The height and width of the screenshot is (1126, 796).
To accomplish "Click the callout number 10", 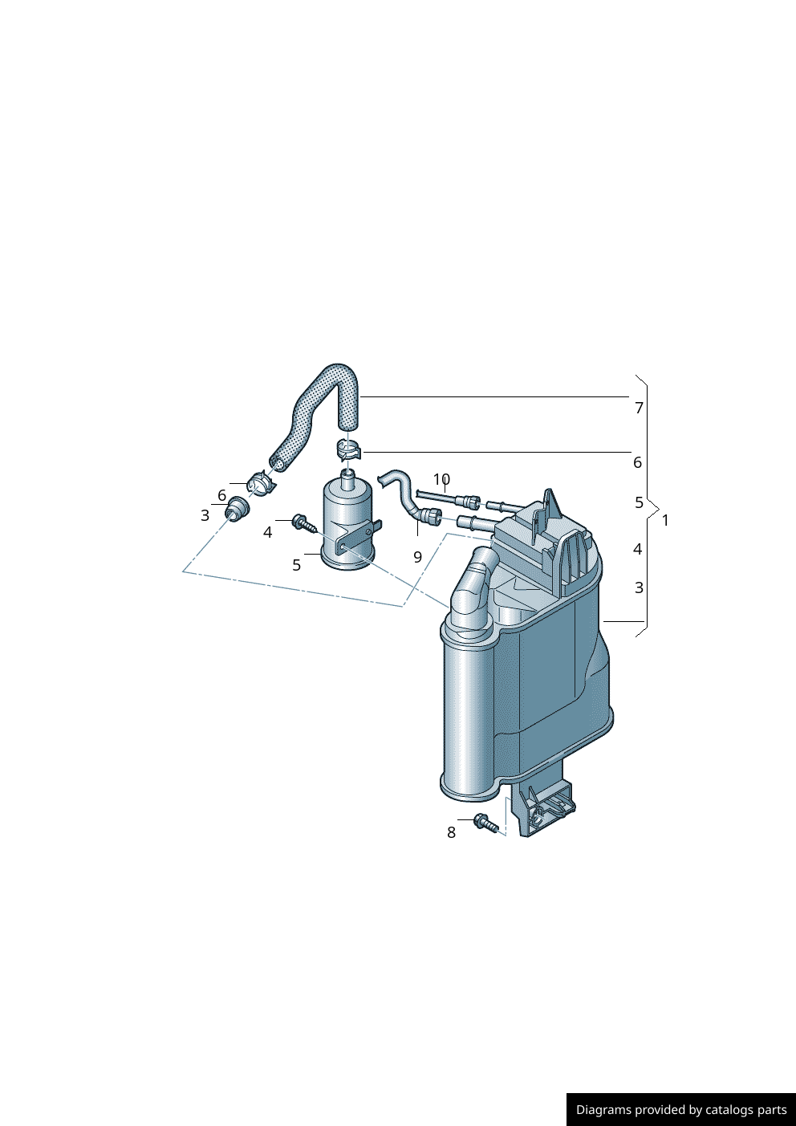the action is (x=441, y=479).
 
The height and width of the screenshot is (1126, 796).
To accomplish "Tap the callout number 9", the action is (x=417, y=557).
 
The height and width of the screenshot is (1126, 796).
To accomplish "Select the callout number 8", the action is (x=451, y=833).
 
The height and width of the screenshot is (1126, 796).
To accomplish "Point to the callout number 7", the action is (x=639, y=409).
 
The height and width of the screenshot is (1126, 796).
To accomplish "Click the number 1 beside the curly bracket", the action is (x=665, y=521).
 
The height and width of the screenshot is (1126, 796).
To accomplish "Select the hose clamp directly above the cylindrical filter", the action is (x=348, y=449).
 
